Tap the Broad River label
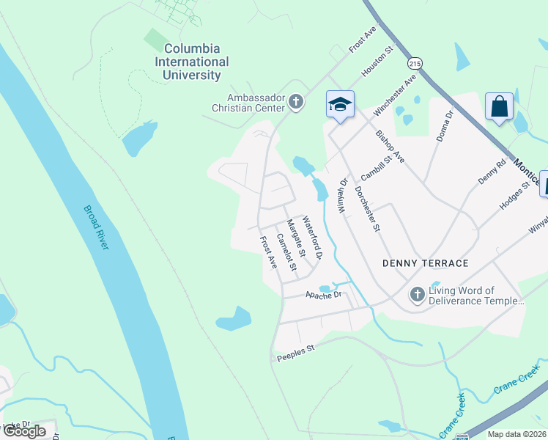coord(96,227)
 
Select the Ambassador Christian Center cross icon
coord(296,102)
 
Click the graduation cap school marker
coord(340,103)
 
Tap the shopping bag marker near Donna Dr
coord(499,106)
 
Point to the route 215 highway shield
coord(415,63)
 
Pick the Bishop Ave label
coord(390,146)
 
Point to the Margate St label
coord(295,237)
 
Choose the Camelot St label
coord(286,252)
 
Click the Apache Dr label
coord(323,294)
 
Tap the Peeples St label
coord(296,353)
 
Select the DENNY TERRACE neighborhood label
coord(425,263)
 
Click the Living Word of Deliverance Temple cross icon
coord(417,296)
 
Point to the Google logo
coord(24,431)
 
